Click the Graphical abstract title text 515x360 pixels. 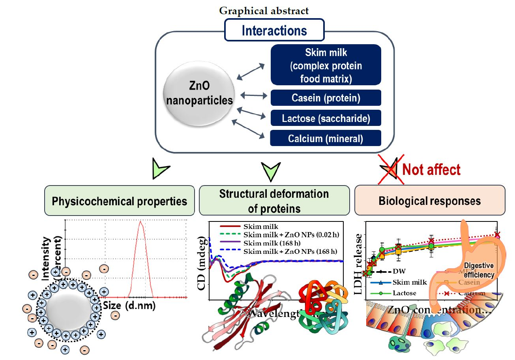coord(264,11)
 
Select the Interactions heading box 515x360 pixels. coord(274,30)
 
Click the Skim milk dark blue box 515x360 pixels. coord(326,65)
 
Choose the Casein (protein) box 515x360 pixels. coord(326,98)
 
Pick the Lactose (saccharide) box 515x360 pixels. coord(326,118)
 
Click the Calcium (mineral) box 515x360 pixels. coord(326,138)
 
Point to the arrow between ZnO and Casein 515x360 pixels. coord(253,95)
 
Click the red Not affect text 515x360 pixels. coord(431,170)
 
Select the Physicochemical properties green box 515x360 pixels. coord(120,201)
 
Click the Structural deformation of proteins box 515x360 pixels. coord(274,201)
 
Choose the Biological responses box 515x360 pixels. coord(429,201)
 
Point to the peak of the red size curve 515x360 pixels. coord(140,222)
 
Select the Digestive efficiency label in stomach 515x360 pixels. coord(479,270)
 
